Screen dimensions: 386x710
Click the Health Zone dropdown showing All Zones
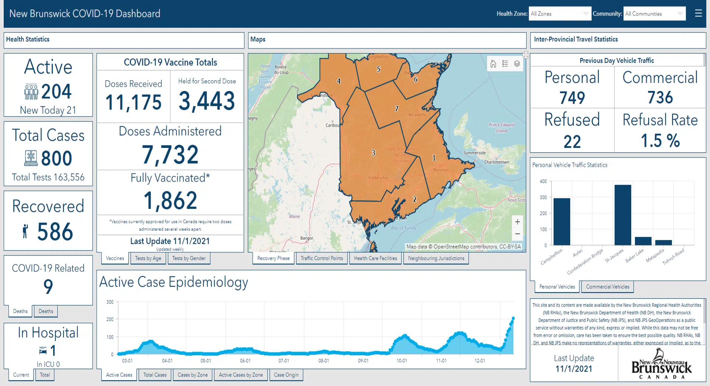pyautogui.click(x=559, y=14)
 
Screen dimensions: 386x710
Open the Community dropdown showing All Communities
pyautogui.click(x=654, y=14)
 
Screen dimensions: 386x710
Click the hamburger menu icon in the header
pyautogui.click(x=698, y=14)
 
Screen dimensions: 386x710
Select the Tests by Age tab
pyautogui.click(x=148, y=258)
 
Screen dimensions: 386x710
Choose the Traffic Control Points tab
pyautogui.click(x=322, y=258)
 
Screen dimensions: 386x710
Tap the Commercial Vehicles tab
pyautogui.click(x=607, y=287)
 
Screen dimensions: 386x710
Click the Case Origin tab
pyautogui.click(x=286, y=375)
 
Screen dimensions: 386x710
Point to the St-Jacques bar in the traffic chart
pyautogui.click(x=623, y=215)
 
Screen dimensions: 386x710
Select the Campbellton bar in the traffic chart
pyautogui.click(x=562, y=221)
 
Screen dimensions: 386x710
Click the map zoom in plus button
pyautogui.click(x=517, y=222)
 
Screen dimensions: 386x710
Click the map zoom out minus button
pyautogui.click(x=517, y=234)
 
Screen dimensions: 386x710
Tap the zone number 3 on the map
pyautogui.click(x=373, y=153)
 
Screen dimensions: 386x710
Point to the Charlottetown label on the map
pyautogui.click(x=497, y=162)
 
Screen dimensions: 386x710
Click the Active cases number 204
pyautogui.click(x=56, y=91)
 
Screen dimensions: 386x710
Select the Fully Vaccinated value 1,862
pyautogui.click(x=170, y=200)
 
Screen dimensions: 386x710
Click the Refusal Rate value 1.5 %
pyautogui.click(x=660, y=140)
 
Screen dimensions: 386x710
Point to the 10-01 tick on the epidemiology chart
pyautogui.click(x=402, y=360)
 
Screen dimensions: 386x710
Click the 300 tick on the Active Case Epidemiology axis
pyautogui.click(x=110, y=302)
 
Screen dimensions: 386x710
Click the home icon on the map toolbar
pyautogui.click(x=493, y=64)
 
